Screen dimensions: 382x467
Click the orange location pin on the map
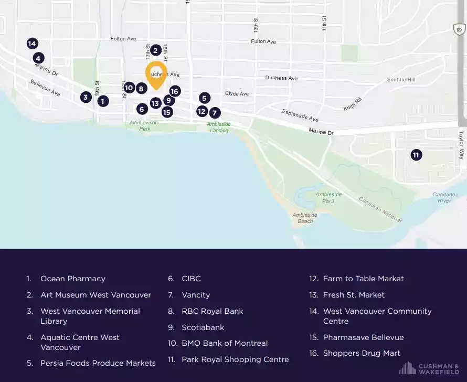(156, 74)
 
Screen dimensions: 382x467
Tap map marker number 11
(416, 155)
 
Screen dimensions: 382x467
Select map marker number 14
(32, 44)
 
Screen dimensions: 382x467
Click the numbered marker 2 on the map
(155, 50)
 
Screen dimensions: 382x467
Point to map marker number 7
(215, 112)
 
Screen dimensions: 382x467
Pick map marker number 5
(205, 98)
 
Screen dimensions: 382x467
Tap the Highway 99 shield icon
(459, 30)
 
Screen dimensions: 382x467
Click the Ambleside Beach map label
(304, 218)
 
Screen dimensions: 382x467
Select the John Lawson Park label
(140, 125)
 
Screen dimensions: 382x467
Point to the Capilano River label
(444, 197)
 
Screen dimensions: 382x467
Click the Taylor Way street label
(462, 145)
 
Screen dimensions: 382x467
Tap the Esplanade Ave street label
(300, 115)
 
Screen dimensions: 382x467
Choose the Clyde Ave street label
(237, 93)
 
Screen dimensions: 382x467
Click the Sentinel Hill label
(401, 80)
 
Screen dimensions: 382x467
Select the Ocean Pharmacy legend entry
(72, 279)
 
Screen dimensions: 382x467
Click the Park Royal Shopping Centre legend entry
(235, 359)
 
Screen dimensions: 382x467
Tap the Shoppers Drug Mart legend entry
(362, 353)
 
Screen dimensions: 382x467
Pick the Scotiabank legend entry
(203, 327)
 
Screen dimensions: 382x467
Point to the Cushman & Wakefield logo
(429, 368)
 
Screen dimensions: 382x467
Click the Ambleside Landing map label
(218, 127)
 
